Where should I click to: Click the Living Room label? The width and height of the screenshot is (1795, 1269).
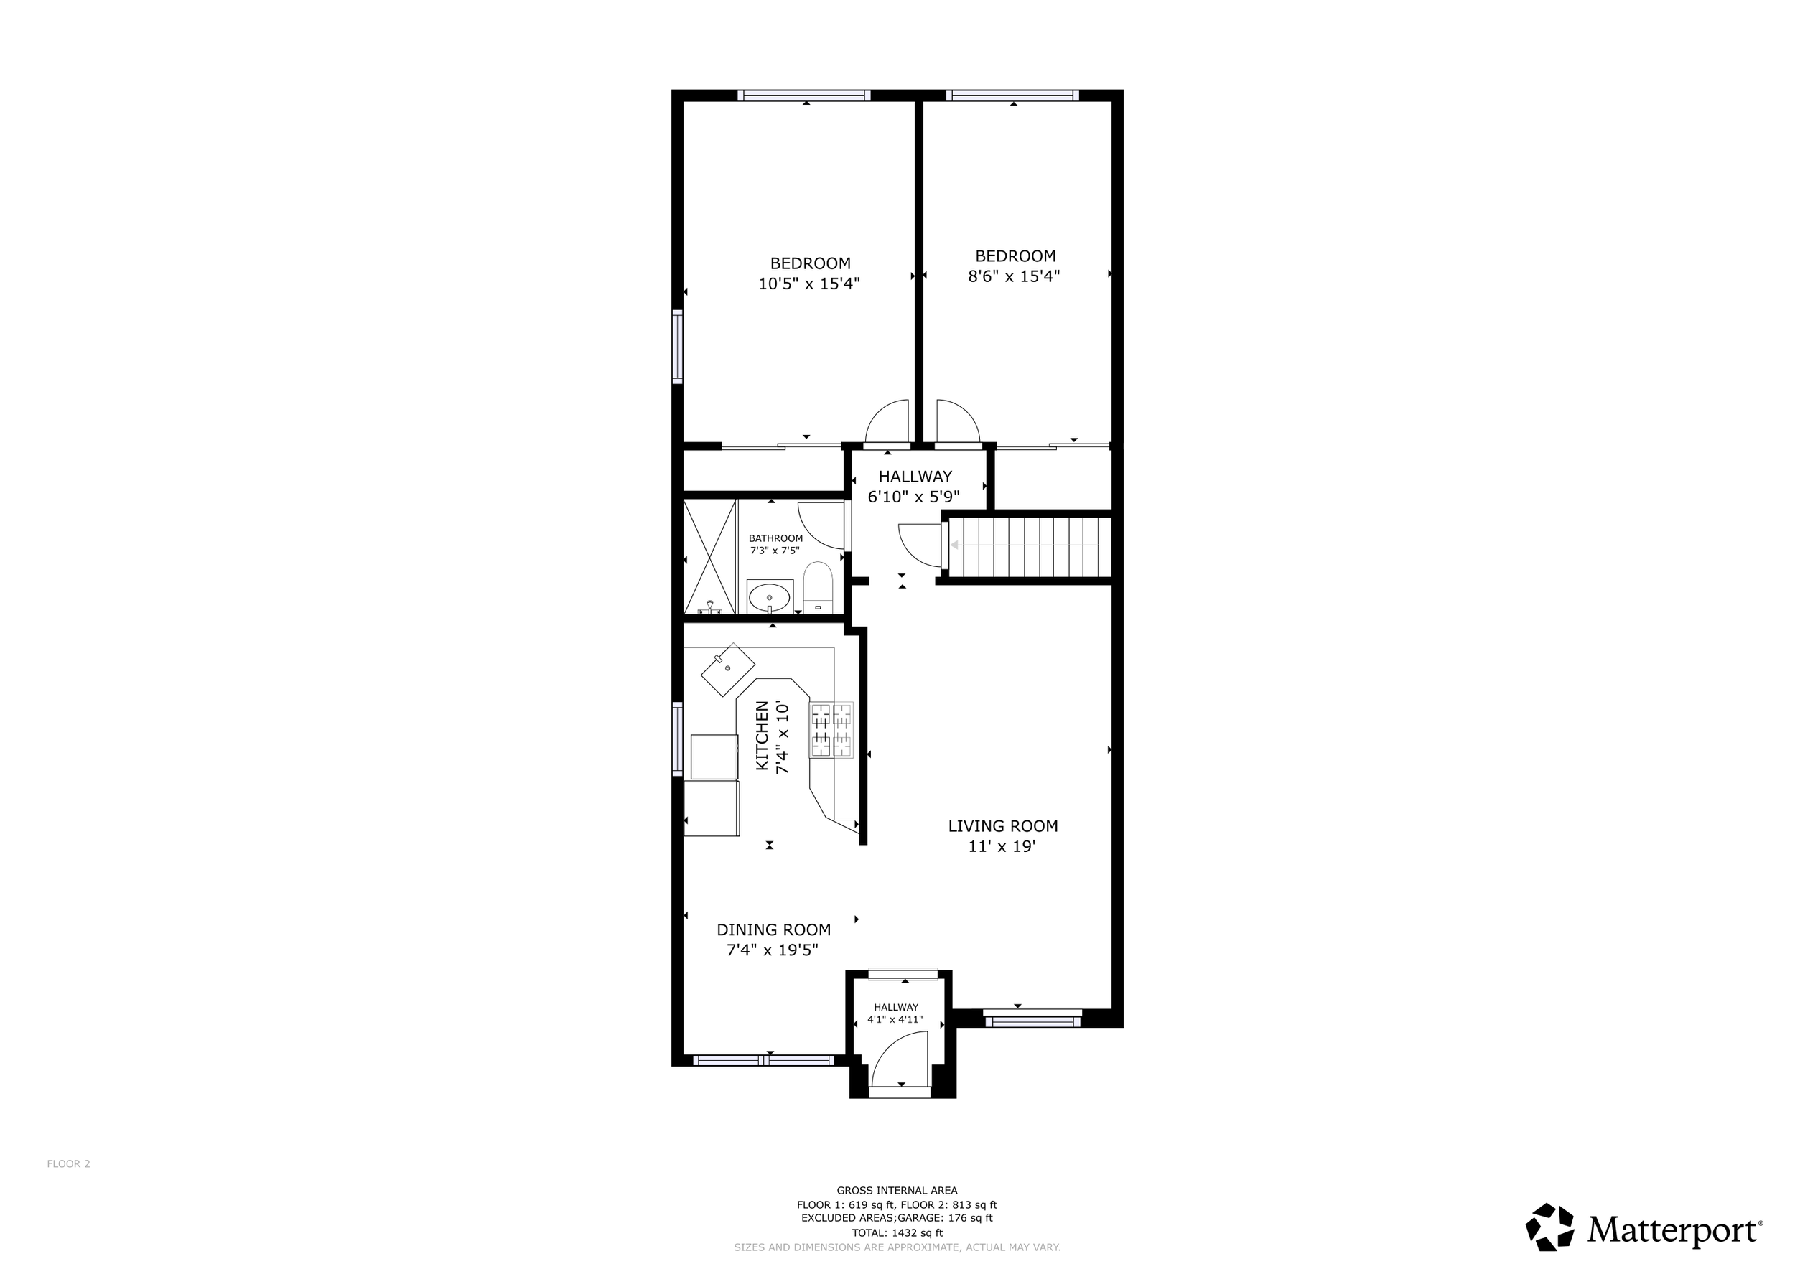point(1003,826)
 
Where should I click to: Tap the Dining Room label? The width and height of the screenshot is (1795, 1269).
point(773,930)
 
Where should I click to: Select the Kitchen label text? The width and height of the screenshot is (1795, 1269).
point(763,736)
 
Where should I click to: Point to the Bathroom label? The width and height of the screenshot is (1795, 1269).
point(775,538)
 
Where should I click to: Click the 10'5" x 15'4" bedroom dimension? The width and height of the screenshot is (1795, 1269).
point(809,283)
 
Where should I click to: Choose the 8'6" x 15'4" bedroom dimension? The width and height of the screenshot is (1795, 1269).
point(1014,276)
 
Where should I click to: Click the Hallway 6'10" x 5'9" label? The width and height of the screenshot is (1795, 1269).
point(915,486)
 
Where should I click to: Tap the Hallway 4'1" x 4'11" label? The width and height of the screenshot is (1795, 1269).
point(896,1013)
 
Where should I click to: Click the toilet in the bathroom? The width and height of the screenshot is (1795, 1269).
point(819,587)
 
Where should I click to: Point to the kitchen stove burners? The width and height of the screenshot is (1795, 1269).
point(831,730)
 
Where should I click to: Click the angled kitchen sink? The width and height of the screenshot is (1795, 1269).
point(727,670)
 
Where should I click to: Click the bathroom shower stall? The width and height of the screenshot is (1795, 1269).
point(710,557)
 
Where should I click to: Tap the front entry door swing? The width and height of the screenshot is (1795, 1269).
point(899,1058)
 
